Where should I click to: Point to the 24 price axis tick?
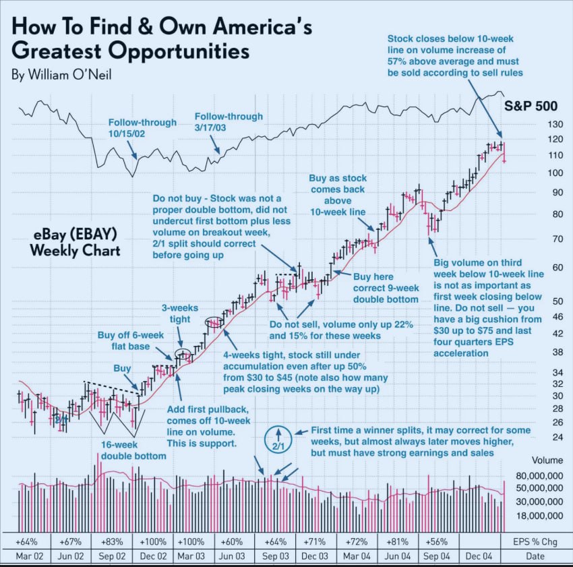point(539,437)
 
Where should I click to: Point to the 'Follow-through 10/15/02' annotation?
point(142,129)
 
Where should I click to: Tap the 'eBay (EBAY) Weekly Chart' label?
point(76,243)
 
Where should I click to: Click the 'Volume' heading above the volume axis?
point(546,461)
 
